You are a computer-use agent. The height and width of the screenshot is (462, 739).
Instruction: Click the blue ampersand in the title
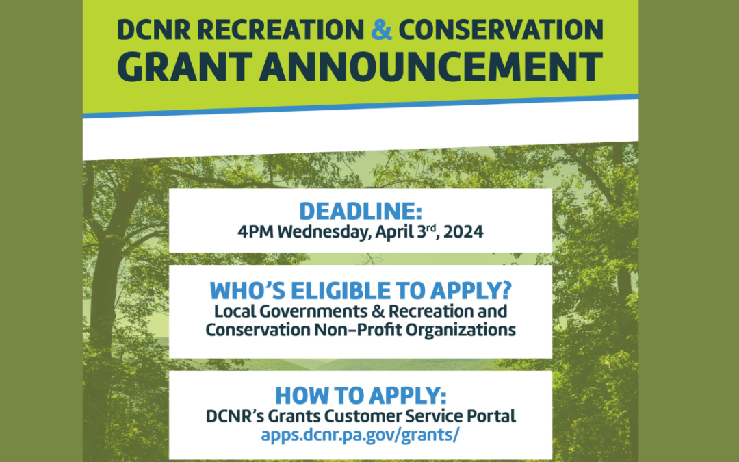pyautogui.click(x=381, y=29)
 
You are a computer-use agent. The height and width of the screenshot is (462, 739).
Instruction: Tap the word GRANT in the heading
pyautogui.click(x=185, y=67)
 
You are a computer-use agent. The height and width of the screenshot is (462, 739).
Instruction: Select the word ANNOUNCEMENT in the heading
pyautogui.click(x=431, y=67)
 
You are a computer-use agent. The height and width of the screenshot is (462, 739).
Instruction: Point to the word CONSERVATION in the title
pyautogui.click(x=501, y=29)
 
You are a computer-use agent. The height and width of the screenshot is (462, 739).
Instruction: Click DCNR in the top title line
pyautogui.click(x=154, y=29)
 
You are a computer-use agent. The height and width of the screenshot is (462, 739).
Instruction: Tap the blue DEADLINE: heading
pyautogui.click(x=361, y=211)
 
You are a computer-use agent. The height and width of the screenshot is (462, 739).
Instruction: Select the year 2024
pyautogui.click(x=463, y=232)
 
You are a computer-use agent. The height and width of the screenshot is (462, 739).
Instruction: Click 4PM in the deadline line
pyautogui.click(x=255, y=232)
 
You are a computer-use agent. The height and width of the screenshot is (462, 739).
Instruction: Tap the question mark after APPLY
pyautogui.click(x=506, y=290)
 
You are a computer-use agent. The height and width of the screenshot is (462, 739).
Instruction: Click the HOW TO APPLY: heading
pyautogui.click(x=361, y=396)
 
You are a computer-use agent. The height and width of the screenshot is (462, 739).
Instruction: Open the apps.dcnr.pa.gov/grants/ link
pyautogui.click(x=360, y=435)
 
